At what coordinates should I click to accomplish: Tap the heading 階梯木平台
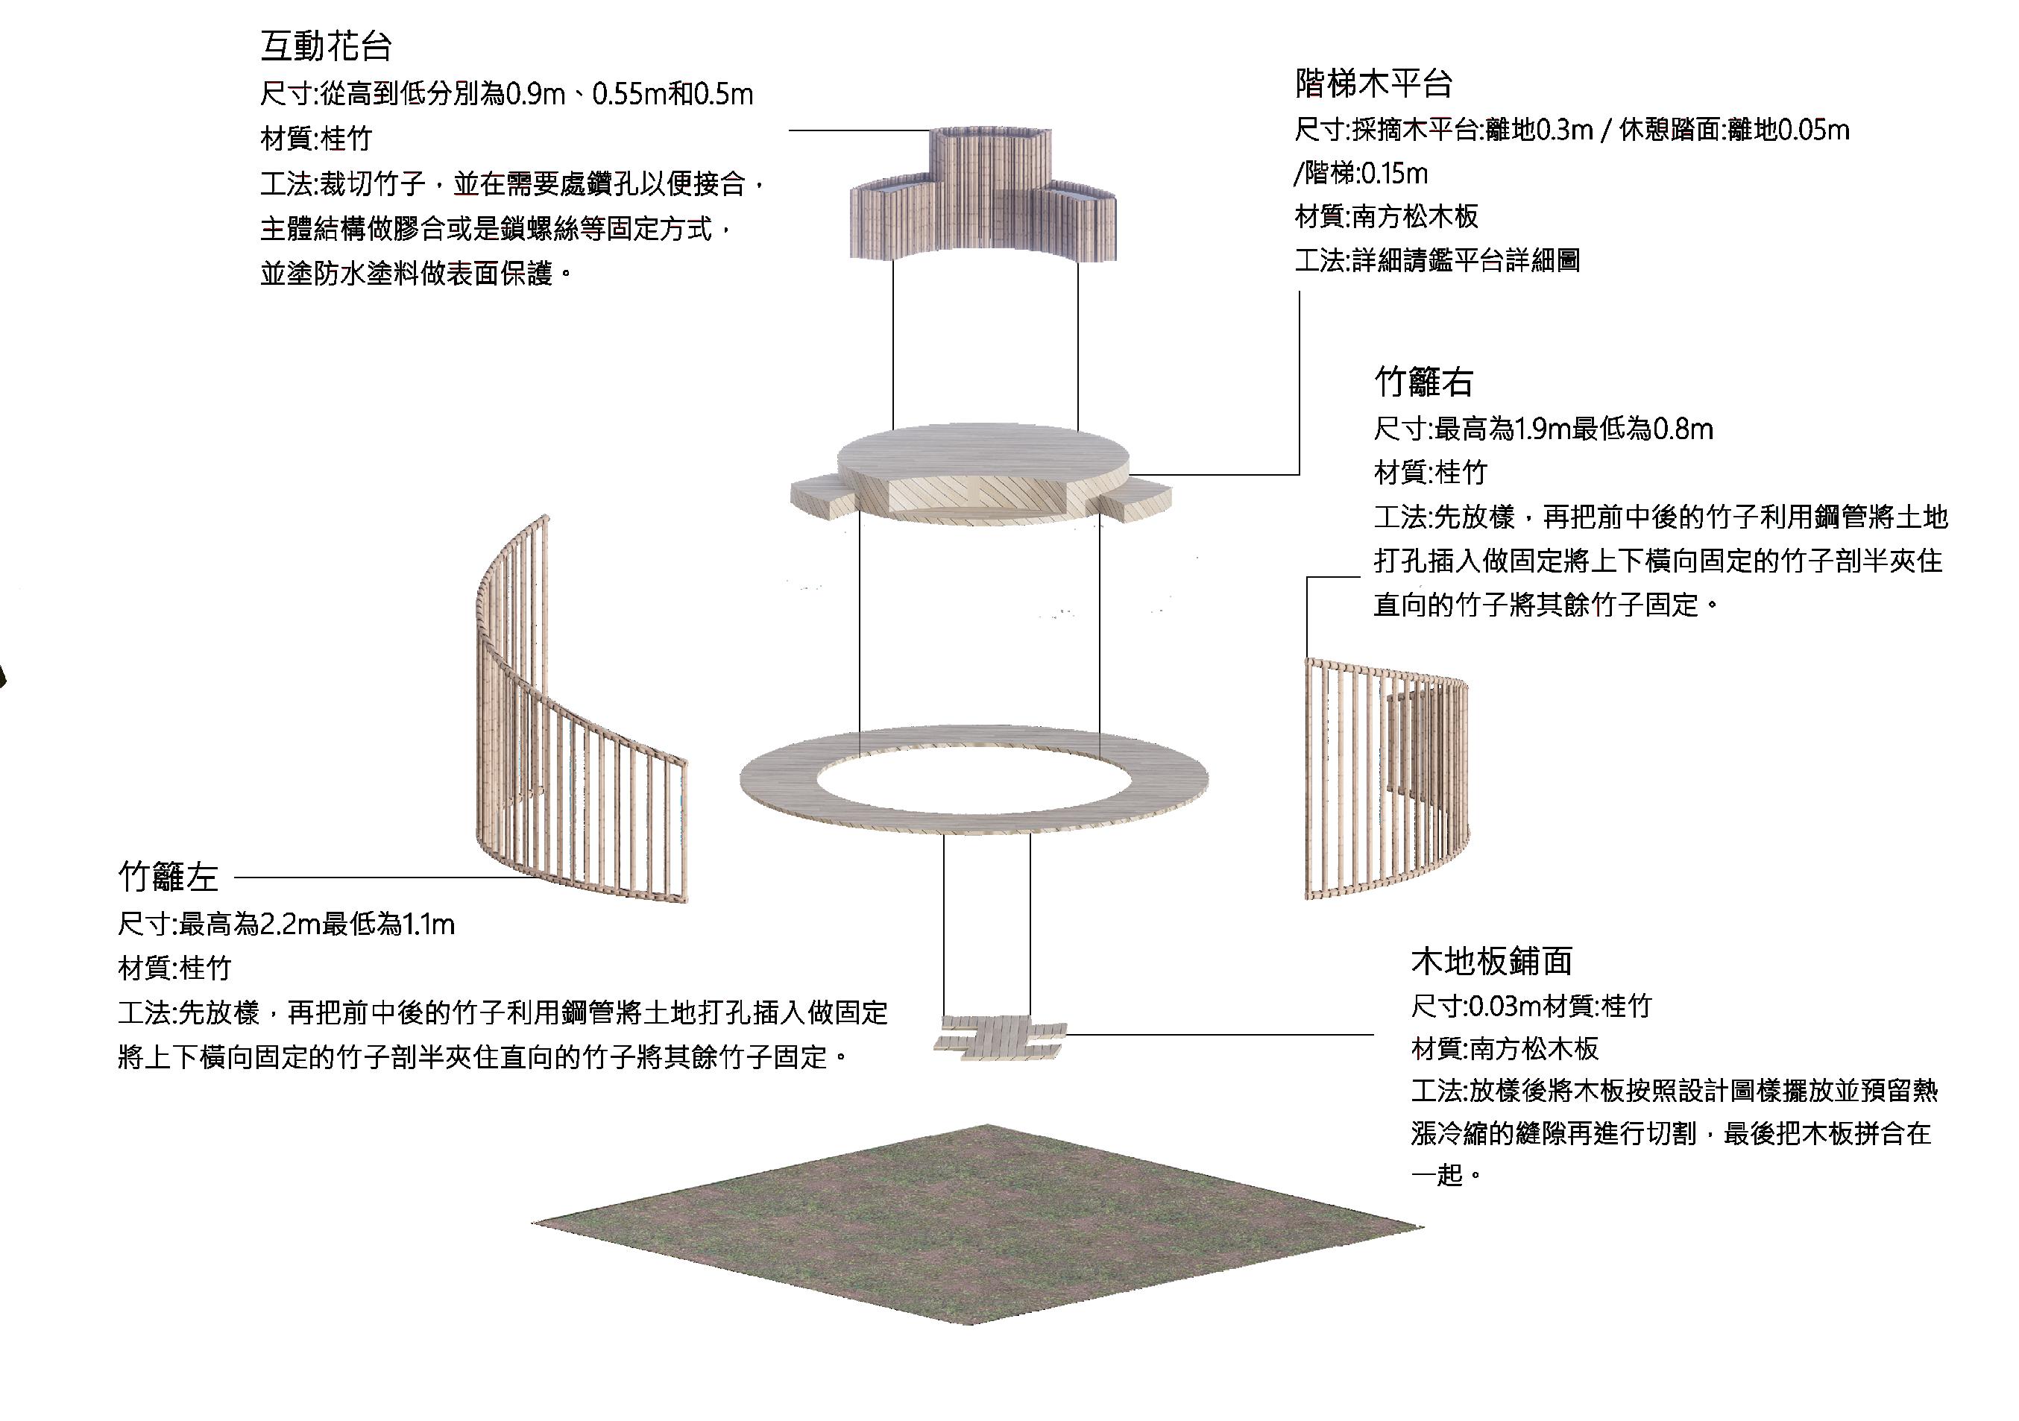(x=1373, y=84)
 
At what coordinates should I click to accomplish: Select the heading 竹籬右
(x=1424, y=382)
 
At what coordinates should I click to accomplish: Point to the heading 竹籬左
(x=168, y=877)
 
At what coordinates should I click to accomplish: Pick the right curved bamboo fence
(x=1385, y=783)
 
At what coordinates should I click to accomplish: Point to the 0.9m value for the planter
(x=535, y=95)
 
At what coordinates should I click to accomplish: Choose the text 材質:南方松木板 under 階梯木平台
(x=1387, y=216)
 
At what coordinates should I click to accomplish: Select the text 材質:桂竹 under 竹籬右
(x=1430, y=473)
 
